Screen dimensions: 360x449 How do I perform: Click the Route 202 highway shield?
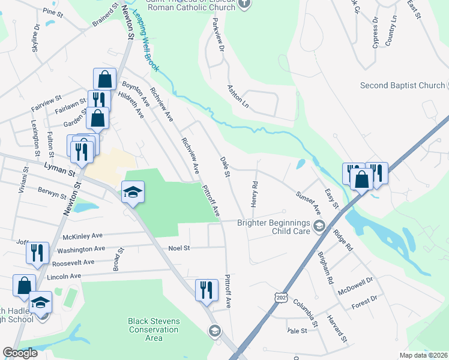(280, 298)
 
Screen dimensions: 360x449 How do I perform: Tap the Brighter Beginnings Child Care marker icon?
(319, 226)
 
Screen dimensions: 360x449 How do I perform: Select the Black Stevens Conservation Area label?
(154, 329)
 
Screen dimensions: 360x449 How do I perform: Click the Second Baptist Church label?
(402, 85)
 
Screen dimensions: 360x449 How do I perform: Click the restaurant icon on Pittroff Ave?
(205, 290)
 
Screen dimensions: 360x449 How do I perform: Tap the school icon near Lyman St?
(133, 192)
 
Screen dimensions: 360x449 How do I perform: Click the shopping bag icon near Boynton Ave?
(104, 79)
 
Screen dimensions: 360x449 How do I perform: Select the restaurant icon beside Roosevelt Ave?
(38, 253)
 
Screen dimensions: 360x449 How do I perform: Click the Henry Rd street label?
(255, 195)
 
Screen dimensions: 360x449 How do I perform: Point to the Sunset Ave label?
(309, 202)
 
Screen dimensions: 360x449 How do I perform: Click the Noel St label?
(179, 248)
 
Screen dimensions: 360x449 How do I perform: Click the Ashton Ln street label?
(238, 95)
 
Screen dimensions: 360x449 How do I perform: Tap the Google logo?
(20, 353)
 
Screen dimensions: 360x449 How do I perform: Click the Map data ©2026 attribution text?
(423, 355)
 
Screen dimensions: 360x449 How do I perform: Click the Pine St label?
(53, 11)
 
